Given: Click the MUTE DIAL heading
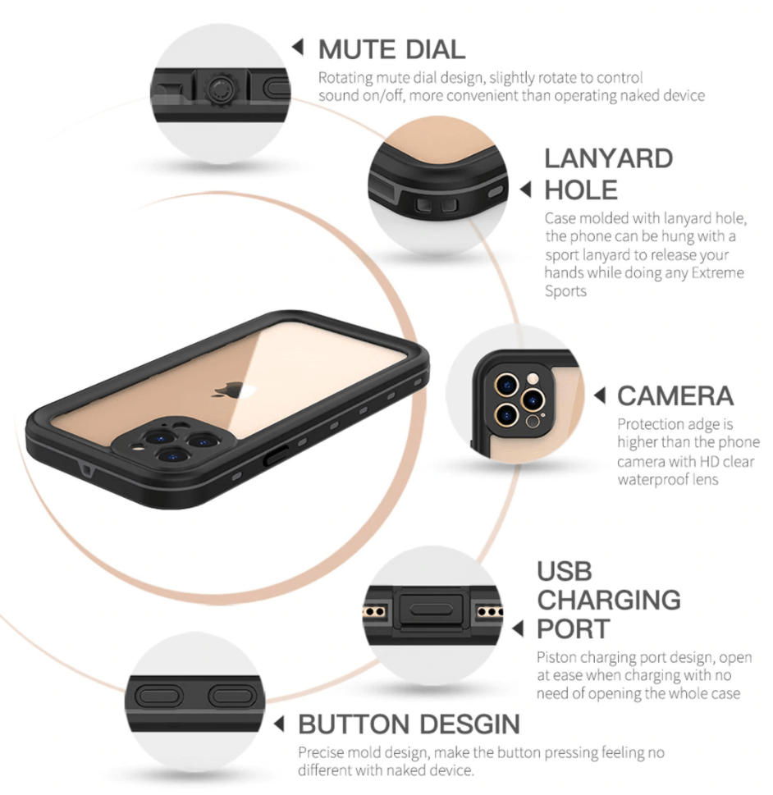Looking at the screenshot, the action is (391, 49).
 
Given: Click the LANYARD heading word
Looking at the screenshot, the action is (608, 158).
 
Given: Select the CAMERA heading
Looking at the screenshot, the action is (675, 396).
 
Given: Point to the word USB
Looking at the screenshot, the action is (564, 571).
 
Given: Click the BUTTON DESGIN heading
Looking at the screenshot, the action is (409, 724).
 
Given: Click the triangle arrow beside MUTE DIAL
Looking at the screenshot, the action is (298, 47).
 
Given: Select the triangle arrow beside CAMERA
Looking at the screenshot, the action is (600, 395).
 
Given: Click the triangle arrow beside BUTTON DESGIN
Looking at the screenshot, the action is (278, 724).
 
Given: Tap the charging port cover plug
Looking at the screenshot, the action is (431, 610).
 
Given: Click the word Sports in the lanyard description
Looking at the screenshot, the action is (565, 291).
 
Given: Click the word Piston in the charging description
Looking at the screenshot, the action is (557, 658).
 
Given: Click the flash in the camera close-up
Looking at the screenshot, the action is (533, 378).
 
